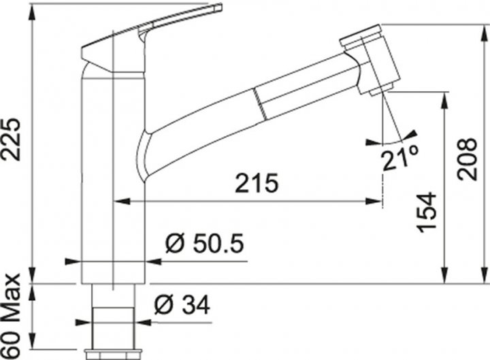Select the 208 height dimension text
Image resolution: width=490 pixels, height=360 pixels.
point(467,159)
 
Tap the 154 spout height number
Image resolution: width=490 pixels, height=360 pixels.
point(427,212)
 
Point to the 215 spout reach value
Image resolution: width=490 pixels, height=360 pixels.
point(257,183)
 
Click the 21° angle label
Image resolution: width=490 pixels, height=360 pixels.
point(400,158)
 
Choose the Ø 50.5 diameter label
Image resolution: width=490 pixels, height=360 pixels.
point(205,243)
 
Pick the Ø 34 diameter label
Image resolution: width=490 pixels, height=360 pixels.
point(182,305)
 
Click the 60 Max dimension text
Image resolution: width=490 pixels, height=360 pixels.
point(11,316)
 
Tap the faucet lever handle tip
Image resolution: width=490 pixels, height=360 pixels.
point(218,7)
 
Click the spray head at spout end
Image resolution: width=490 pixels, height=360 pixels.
point(370,59)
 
